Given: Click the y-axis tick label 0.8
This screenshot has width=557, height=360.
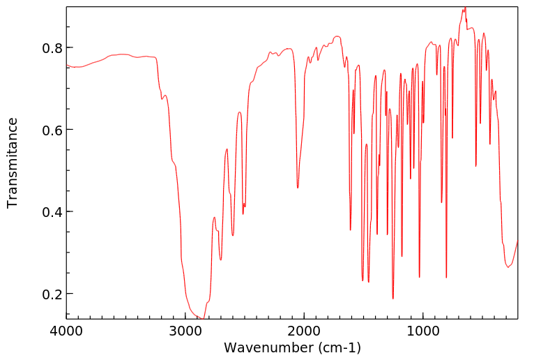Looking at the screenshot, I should pyautogui.click(x=53, y=47).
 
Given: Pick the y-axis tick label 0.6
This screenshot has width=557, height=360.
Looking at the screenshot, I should pyautogui.click(x=53, y=130).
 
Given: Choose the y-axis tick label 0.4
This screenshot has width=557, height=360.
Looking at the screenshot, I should pyautogui.click(x=53, y=211).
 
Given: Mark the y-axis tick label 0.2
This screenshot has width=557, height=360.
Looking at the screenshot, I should pyautogui.click(x=53, y=294).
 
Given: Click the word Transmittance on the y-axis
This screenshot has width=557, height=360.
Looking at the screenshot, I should pyautogui.click(x=13, y=163).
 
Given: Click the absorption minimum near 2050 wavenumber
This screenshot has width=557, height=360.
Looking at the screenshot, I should pyautogui.click(x=298, y=188).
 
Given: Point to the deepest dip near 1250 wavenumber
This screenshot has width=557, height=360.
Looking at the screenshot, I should pyautogui.click(x=393, y=299).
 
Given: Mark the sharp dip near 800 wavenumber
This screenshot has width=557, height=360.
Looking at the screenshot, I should pyautogui.click(x=446, y=278).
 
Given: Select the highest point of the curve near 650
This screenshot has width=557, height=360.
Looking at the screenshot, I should pyautogui.click(x=465, y=8).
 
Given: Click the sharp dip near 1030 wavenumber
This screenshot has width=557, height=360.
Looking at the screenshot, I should pyautogui.click(x=420, y=277).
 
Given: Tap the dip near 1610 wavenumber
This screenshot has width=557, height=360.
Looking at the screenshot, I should pyautogui.click(x=351, y=230).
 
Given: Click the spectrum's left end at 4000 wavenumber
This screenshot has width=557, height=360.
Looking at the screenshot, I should pyautogui.click(x=67, y=66).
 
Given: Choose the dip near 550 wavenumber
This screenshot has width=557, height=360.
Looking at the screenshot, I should pyautogui.click(x=476, y=166).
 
